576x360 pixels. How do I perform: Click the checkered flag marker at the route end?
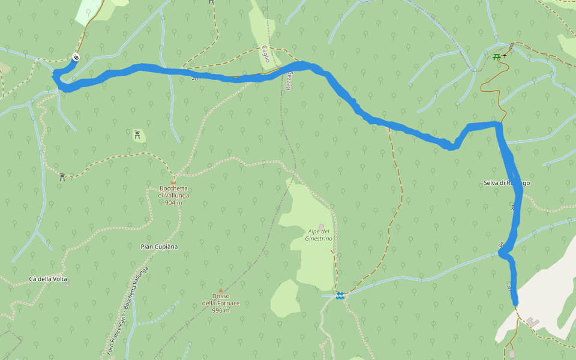(76, 58)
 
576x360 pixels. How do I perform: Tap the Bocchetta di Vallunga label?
(173, 192)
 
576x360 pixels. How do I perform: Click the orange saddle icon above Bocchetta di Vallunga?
(173, 182)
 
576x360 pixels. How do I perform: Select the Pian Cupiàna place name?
(155, 247)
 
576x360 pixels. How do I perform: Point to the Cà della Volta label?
(48, 279)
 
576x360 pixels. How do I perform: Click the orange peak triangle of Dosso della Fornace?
(220, 290)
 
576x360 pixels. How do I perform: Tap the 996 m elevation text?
(220, 310)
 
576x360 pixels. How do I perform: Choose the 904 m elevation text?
(173, 203)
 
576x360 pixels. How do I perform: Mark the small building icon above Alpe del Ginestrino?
(321, 226)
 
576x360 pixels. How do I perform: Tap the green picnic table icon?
(496, 57)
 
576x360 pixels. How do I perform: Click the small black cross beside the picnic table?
(505, 56)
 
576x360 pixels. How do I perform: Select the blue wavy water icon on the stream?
(340, 295)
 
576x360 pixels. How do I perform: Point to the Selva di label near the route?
(495, 183)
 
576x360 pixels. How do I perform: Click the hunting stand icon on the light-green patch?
(138, 134)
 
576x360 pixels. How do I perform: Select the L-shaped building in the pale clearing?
(533, 323)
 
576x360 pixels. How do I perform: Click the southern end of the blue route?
(515, 303)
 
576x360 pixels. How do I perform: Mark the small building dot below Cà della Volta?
(67, 285)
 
